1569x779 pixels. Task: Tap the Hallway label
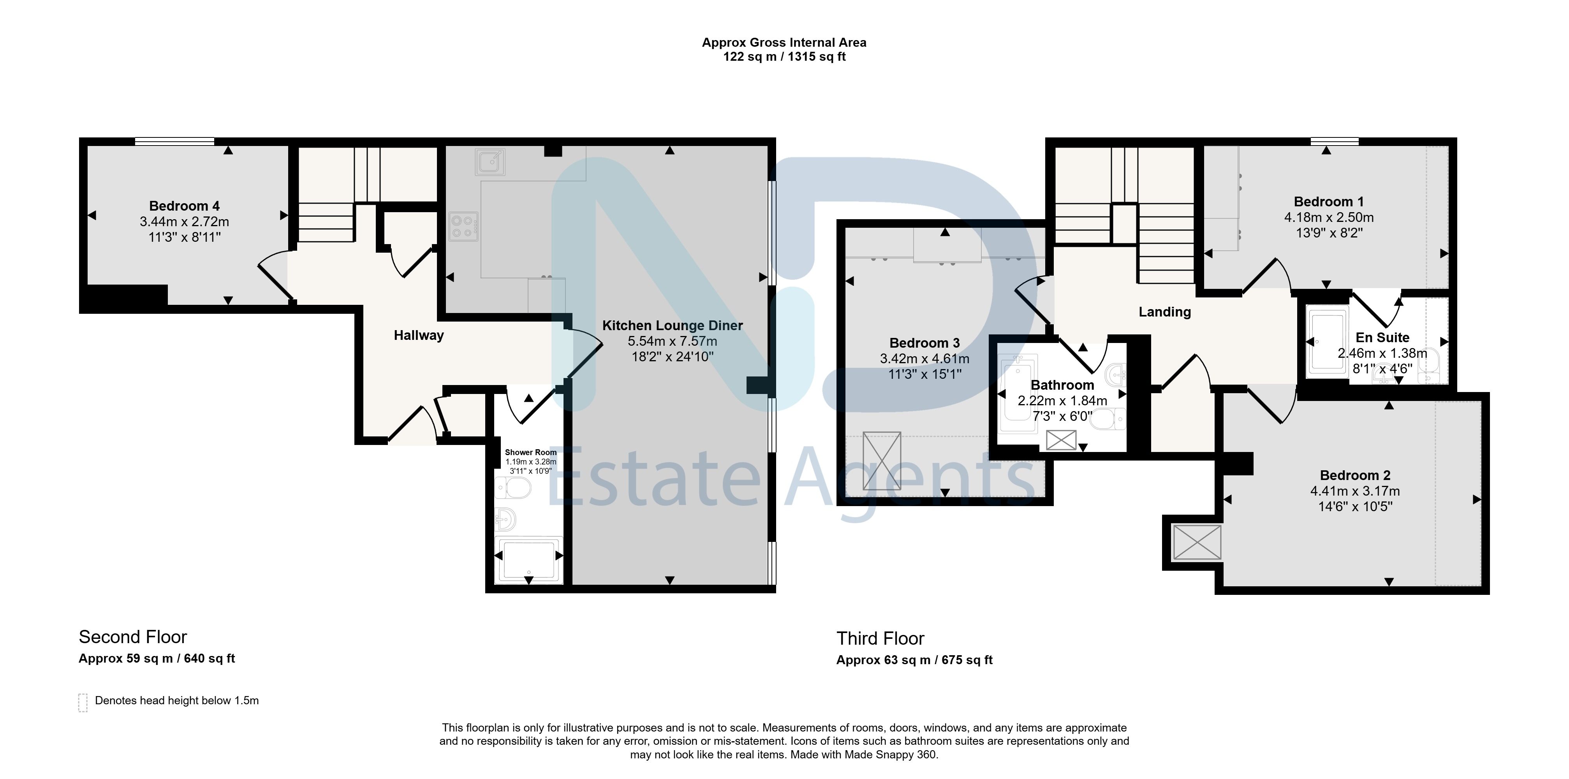click(x=419, y=335)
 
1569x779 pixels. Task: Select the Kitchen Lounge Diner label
click(x=673, y=325)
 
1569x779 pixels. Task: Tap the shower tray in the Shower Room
click(x=528, y=559)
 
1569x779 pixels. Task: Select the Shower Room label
click(x=530, y=452)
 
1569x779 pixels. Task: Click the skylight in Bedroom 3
click(x=881, y=461)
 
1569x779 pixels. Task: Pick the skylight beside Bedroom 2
click(x=1197, y=542)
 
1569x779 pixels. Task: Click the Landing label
click(x=1164, y=312)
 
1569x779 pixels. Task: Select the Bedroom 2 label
click(x=1354, y=475)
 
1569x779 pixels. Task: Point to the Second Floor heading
click(x=133, y=637)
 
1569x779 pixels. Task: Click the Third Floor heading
click(x=880, y=638)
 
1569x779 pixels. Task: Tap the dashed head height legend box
click(x=83, y=702)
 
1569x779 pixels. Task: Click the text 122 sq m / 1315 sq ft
click(x=784, y=56)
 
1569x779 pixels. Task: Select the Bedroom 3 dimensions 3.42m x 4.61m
click(x=924, y=359)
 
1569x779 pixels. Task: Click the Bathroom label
click(x=1062, y=385)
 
